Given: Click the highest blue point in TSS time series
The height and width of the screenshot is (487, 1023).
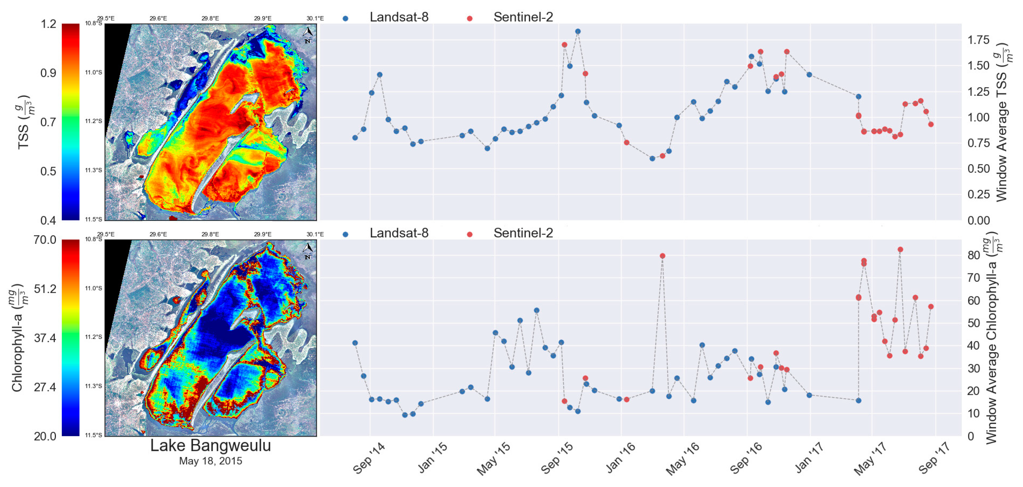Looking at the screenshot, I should pyautogui.click(x=578, y=31).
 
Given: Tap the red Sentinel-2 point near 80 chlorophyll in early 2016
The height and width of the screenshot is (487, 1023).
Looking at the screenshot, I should pyautogui.click(x=662, y=256).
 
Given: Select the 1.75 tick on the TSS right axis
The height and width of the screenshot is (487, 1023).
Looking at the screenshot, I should pyautogui.click(x=978, y=40).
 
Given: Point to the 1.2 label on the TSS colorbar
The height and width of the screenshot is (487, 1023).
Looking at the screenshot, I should pyautogui.click(x=48, y=24).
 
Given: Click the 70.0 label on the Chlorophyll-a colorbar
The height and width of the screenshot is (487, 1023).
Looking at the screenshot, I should pyautogui.click(x=45, y=240).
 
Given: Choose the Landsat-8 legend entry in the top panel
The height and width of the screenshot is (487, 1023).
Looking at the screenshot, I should pyautogui.click(x=398, y=17).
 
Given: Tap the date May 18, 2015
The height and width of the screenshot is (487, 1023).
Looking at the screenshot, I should pyautogui.click(x=211, y=461).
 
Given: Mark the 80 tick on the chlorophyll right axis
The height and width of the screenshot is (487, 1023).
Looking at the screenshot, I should pyautogui.click(x=973, y=255).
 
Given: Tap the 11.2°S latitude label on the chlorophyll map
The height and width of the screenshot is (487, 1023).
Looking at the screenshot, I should pyautogui.click(x=93, y=337).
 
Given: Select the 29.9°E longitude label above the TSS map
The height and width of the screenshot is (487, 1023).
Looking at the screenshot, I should pyautogui.click(x=263, y=18).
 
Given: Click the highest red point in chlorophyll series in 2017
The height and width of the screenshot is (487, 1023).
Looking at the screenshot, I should pyautogui.click(x=900, y=250).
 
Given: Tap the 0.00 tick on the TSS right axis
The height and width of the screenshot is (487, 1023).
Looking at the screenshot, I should pyautogui.click(x=978, y=221).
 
